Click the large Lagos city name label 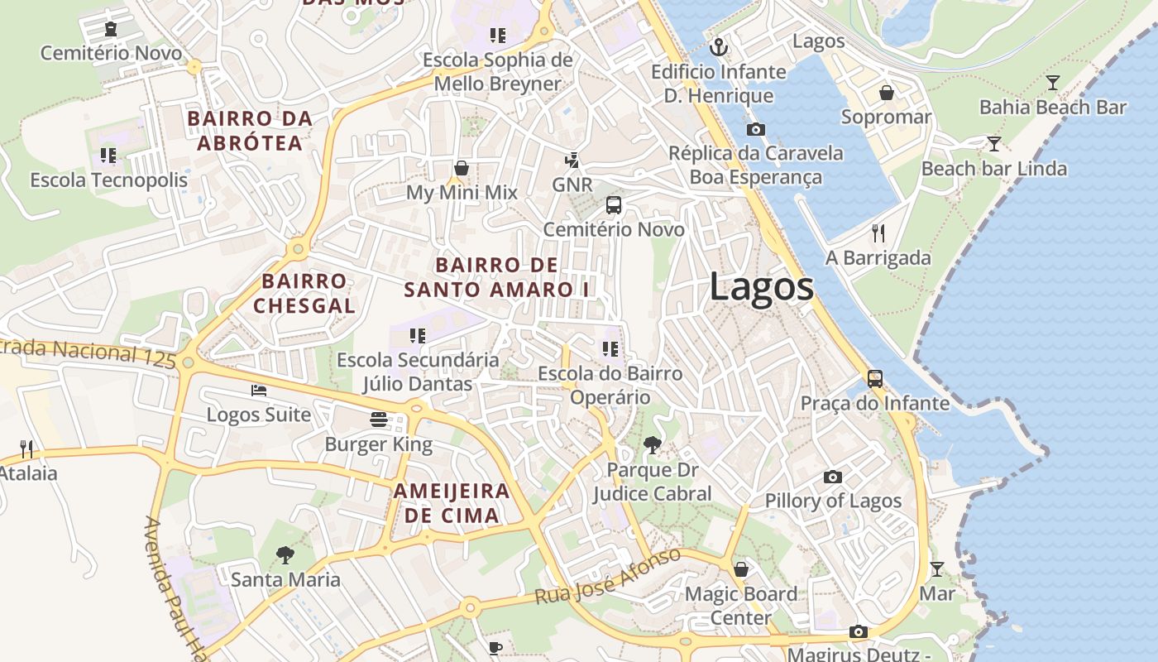pyautogui.click(x=761, y=287)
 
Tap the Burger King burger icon pyautogui.click(x=379, y=420)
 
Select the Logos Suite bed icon pyautogui.click(x=259, y=390)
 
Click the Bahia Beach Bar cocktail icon pyautogui.click(x=1052, y=83)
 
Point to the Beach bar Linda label pyautogui.click(x=993, y=169)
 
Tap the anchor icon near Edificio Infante pyautogui.click(x=719, y=47)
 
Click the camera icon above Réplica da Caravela pyautogui.click(x=755, y=129)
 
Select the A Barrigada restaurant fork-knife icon pyautogui.click(x=878, y=233)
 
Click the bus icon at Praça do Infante pyautogui.click(x=875, y=379)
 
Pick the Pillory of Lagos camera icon pyautogui.click(x=833, y=477)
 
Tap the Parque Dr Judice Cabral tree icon pyautogui.click(x=652, y=445)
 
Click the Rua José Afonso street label pyautogui.click(x=607, y=576)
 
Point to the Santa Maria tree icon pyautogui.click(x=285, y=554)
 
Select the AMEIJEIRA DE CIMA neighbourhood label pyautogui.click(x=451, y=502)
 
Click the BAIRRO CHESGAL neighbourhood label pyautogui.click(x=304, y=293)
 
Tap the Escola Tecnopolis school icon pyautogui.click(x=108, y=156)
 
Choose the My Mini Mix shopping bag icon pyautogui.click(x=461, y=168)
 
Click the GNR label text pyautogui.click(x=572, y=185)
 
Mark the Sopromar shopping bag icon pyautogui.click(x=886, y=93)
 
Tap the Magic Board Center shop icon pyautogui.click(x=741, y=569)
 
